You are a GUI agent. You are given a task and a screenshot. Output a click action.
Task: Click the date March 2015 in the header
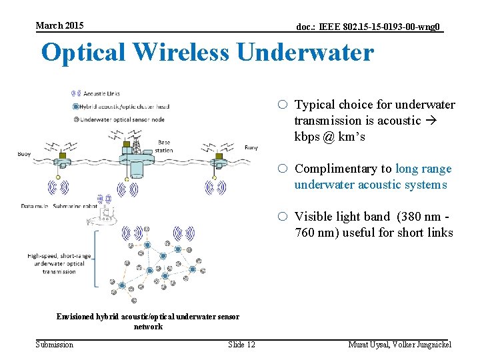(x=60, y=25)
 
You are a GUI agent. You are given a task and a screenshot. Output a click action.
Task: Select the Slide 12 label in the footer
(x=241, y=344)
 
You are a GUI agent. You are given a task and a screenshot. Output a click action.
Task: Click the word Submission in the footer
(x=55, y=344)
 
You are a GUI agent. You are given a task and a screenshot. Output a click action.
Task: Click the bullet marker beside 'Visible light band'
(x=283, y=216)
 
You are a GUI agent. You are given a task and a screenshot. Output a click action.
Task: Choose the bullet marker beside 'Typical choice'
(x=283, y=105)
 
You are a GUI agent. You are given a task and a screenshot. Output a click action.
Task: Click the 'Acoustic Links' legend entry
(x=101, y=93)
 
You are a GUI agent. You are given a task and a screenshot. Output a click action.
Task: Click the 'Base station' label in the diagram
(x=163, y=145)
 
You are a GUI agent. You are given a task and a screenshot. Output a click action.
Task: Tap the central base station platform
(x=137, y=158)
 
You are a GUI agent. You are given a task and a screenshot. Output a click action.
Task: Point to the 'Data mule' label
(x=33, y=207)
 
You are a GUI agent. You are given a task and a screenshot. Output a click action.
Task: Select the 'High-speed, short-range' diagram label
(x=55, y=256)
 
